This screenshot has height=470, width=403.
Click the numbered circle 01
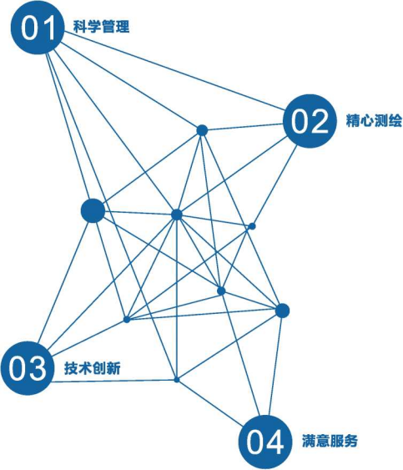38,28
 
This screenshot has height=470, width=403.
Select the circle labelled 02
310,121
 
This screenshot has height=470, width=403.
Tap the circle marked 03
28,368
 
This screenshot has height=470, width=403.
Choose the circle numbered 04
265,442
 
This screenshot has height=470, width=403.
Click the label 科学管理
101,27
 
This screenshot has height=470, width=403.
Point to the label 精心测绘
374,120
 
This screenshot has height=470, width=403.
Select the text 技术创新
93,368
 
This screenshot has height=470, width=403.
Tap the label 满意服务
330,441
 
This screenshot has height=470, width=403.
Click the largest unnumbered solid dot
93,210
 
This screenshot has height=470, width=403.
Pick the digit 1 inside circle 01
48,28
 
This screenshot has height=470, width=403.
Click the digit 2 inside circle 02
320,121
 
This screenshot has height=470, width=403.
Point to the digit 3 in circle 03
38,368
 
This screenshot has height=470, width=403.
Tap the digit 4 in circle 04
275,442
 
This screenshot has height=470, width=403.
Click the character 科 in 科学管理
80,27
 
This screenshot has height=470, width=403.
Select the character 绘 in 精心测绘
395,120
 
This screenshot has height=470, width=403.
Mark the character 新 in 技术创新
113,368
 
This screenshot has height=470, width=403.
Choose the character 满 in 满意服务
309,441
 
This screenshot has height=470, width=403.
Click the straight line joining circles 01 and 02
174,70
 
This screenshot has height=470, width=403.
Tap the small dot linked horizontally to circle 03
177,380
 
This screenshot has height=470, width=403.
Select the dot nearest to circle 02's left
202,130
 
